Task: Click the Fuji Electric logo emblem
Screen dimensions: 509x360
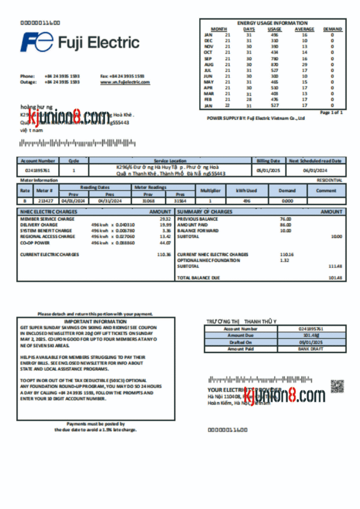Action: pyautogui.click(x=38, y=43)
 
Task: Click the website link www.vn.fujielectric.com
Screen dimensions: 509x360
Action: pyautogui.click(x=125, y=82)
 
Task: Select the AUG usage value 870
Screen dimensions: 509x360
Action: pyautogui.click(x=274, y=65)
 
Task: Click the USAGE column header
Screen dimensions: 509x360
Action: pyautogui.click(x=274, y=29)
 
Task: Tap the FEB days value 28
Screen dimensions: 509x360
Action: pyautogui.click(x=249, y=100)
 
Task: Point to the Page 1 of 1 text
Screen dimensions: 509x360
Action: pyautogui.click(x=331, y=112)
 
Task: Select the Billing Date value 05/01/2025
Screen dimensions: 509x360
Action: pyautogui.click(x=268, y=170)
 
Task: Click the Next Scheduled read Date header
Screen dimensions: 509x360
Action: pyautogui.click(x=316, y=161)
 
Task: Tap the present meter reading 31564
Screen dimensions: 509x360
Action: pyautogui.click(x=179, y=201)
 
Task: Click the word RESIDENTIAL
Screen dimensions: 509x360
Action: pyautogui.click(x=329, y=180)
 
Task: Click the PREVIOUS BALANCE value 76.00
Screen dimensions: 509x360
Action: pyautogui.click(x=285, y=219)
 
